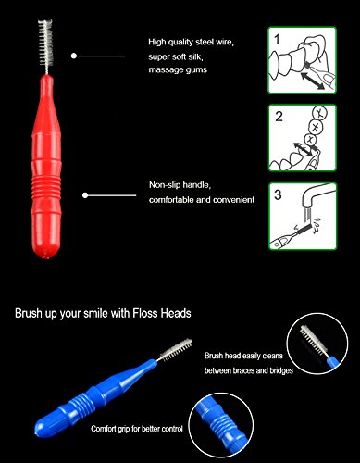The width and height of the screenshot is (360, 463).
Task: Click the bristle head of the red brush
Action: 46,43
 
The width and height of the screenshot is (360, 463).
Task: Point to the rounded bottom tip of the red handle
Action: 45,254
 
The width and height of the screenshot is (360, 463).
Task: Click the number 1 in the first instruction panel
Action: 277,40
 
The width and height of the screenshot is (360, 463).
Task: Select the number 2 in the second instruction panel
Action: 279,117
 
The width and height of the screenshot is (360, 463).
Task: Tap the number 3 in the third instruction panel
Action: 278,194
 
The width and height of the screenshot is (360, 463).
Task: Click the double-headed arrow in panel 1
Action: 312,80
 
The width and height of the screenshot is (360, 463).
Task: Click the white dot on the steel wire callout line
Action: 74,56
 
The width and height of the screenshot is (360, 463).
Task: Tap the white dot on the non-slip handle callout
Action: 85,195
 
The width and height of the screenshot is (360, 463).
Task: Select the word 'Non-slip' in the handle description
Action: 165,185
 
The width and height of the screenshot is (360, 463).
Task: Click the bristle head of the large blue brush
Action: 177,349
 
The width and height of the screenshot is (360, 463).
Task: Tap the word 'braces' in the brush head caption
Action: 244,370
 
